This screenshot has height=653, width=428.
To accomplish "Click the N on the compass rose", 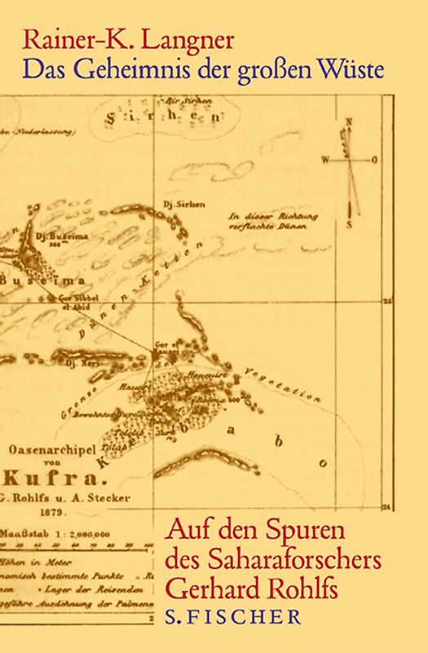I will tap(348, 122).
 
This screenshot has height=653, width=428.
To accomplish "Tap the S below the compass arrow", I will tap(349, 223).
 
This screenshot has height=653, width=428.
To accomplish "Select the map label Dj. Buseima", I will tap(51, 238).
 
